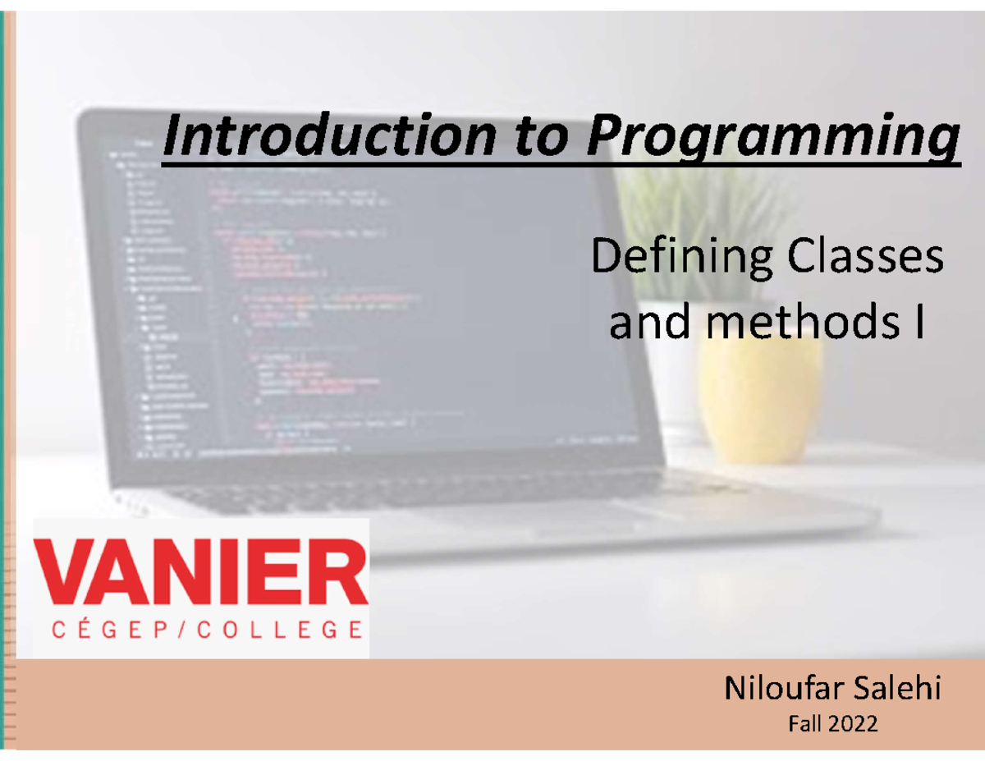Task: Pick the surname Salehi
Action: point(900,689)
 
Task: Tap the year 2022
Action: point(853,724)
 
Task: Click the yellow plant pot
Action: point(760,386)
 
